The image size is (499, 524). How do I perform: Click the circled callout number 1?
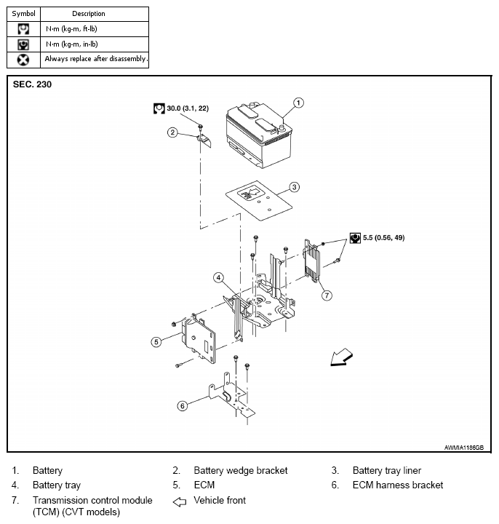coord(298,103)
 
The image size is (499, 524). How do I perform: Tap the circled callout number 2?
coord(172,132)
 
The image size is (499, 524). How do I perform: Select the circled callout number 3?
coord(294,186)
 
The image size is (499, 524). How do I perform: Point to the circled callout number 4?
coord(217,277)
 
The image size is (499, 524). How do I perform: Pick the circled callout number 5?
coord(156,341)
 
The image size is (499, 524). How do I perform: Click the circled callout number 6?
coord(183,405)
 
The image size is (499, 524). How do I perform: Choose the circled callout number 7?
coord(327,295)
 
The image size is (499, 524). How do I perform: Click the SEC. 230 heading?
coord(33,84)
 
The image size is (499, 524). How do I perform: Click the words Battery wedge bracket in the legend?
coord(240,471)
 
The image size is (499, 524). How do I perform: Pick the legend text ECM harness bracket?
coord(397,485)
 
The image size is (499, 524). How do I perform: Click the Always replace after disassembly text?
coord(96,59)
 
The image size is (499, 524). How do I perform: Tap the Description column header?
coord(89,13)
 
